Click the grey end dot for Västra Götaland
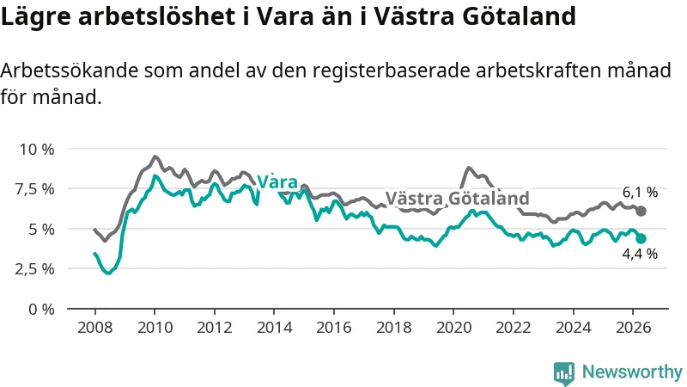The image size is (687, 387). [x=641, y=211]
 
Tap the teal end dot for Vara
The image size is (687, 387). [x=641, y=239]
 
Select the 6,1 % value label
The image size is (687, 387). [x=640, y=192]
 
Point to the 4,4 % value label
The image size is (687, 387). [x=640, y=254]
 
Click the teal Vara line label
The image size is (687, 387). [x=277, y=181]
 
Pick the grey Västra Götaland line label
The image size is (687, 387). [x=458, y=199]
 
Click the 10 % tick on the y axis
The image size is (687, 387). [x=37, y=149]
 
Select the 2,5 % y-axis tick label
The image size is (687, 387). [x=34, y=269]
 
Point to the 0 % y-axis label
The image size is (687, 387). [x=41, y=310]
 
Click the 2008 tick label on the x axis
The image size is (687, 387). [x=94, y=328]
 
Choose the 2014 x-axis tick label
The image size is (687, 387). [x=274, y=328]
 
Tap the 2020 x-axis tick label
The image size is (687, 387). [x=453, y=328]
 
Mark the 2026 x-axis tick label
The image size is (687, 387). [x=633, y=328]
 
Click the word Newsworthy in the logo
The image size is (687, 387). [x=632, y=372]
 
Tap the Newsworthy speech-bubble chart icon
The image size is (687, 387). [x=564, y=373]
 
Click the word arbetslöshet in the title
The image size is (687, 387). [x=162, y=16]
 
